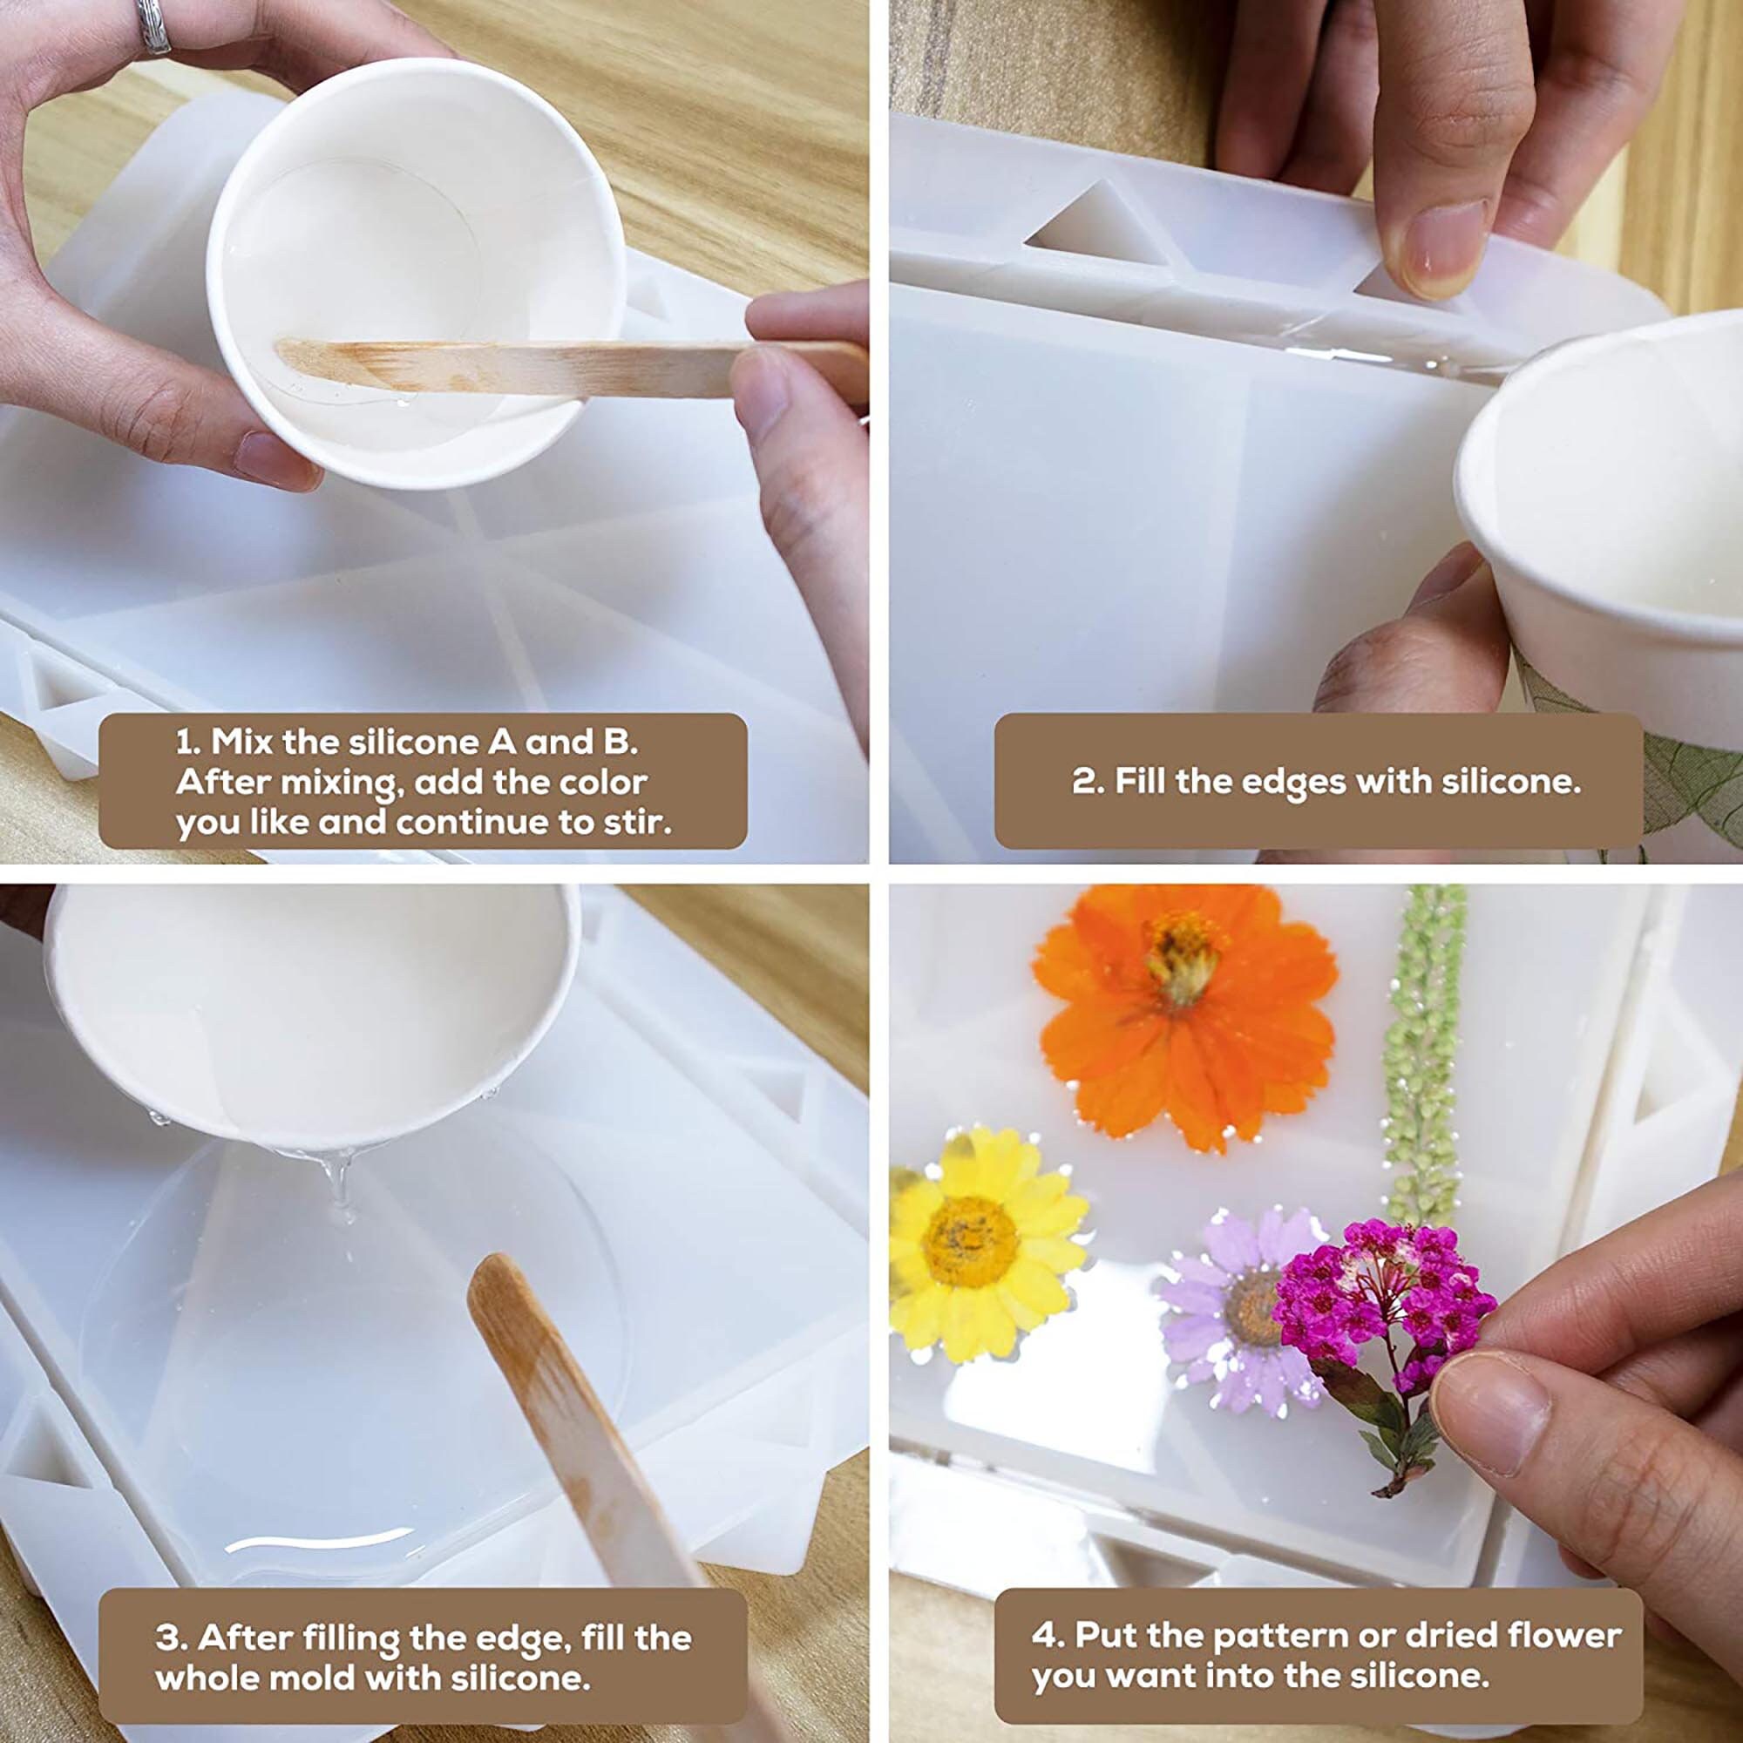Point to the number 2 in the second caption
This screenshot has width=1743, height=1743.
click(x=1081, y=781)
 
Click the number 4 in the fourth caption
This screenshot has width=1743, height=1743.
click(x=1043, y=1611)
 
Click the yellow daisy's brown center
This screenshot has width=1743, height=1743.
click(x=970, y=1240)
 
